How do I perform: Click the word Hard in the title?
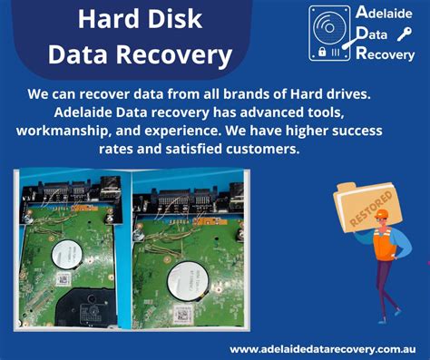(x=104, y=20)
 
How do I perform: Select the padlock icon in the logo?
(x=321, y=53)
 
